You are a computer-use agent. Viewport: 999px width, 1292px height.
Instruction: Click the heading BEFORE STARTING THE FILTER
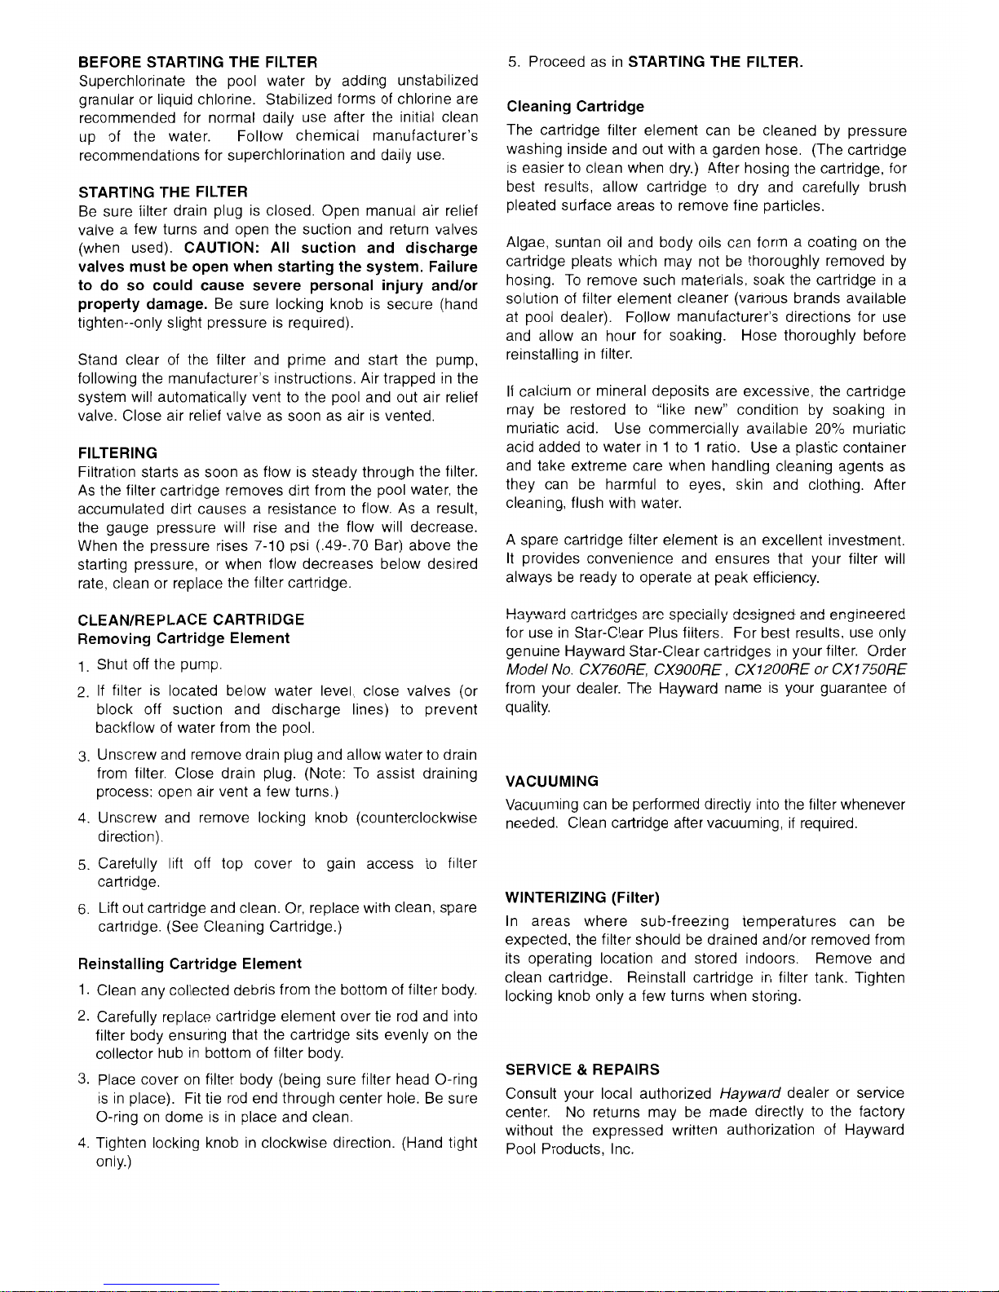tap(197, 62)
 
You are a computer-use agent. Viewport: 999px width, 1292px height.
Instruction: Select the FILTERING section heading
tap(118, 453)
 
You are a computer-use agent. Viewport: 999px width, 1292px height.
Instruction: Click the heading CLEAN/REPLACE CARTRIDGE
tap(191, 620)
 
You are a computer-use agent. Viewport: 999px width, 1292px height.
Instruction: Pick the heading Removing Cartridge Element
tap(183, 638)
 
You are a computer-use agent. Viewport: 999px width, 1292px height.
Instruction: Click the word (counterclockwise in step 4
tap(417, 818)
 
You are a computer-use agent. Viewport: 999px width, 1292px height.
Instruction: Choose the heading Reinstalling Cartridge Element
tap(190, 963)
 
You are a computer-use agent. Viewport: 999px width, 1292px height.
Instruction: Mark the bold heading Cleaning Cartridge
tap(575, 107)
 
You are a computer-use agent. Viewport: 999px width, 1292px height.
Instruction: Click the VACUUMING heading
tap(551, 782)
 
